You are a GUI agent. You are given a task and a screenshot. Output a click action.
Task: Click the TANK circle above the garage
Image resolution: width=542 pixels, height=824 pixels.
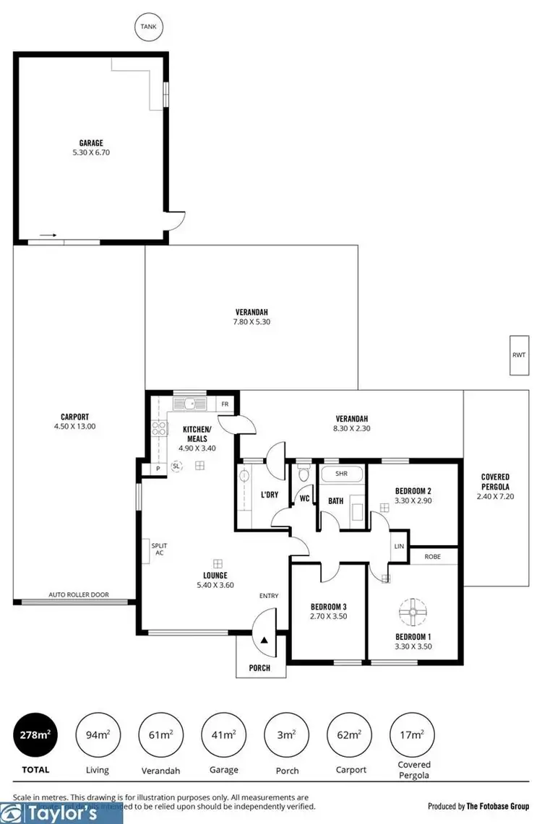[148, 27]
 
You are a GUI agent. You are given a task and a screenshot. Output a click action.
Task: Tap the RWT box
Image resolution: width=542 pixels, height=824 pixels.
[518, 355]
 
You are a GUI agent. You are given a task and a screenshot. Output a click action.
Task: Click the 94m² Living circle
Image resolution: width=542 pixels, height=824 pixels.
[97, 735]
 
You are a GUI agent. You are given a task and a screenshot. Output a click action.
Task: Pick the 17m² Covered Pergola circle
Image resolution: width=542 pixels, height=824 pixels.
[412, 735]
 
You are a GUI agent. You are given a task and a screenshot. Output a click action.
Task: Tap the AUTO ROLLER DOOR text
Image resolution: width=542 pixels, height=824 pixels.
[78, 595]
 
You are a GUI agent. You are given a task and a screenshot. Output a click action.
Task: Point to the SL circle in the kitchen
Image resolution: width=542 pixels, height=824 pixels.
[176, 467]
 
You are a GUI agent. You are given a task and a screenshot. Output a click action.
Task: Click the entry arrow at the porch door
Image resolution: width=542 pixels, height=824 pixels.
[264, 639]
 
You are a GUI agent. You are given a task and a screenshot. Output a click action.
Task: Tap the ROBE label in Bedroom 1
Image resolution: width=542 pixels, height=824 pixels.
[433, 557]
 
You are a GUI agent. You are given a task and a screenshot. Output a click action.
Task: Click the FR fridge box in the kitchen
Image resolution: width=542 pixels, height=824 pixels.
[225, 404]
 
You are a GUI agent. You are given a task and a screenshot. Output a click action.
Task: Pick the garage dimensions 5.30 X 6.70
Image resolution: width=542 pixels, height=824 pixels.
[91, 153]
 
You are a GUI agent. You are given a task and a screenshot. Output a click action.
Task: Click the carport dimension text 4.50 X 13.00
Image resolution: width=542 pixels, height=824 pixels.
[74, 426]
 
